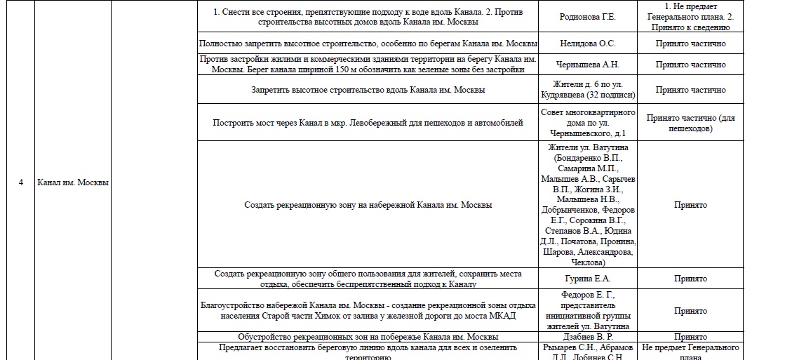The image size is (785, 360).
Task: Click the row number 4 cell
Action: (x=20, y=182)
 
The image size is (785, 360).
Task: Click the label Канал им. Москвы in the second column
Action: (x=72, y=182)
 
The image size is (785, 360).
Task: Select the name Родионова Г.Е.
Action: (x=589, y=17)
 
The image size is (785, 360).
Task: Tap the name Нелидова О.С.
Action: (x=589, y=44)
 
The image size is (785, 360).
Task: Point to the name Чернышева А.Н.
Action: (x=589, y=65)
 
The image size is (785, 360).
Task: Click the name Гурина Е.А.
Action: (x=589, y=279)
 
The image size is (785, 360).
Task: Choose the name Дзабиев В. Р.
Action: (x=589, y=337)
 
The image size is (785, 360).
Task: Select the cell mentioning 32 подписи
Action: (x=589, y=90)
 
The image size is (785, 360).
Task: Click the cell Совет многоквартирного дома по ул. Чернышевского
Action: (x=589, y=123)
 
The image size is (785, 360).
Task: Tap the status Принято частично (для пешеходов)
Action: (x=690, y=123)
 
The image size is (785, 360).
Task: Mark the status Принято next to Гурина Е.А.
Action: (x=690, y=279)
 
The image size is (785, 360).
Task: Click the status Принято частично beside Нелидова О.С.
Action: (x=690, y=44)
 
